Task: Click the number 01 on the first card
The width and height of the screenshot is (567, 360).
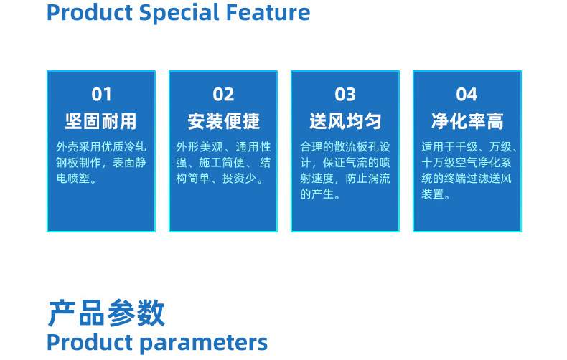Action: pos(101,94)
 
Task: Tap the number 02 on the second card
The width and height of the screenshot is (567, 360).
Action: pos(223,94)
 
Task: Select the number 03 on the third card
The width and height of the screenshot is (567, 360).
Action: pos(345,94)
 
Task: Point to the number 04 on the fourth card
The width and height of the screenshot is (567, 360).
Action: pos(467,94)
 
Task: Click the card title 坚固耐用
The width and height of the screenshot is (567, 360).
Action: pos(101,121)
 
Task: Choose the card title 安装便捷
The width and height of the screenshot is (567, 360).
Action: pos(223,121)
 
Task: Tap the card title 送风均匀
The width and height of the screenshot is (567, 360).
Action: pos(345,121)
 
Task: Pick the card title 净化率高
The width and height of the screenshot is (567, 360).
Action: pos(467,121)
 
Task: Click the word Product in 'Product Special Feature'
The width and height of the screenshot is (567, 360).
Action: pos(89,12)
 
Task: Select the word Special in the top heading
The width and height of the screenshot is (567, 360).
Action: pos(184,12)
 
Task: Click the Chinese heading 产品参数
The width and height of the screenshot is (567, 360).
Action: pos(106,313)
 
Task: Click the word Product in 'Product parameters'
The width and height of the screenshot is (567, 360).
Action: pos(89,342)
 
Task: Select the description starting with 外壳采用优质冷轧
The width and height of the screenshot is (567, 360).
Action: pos(101,163)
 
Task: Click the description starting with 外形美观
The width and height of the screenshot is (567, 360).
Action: pos(223,163)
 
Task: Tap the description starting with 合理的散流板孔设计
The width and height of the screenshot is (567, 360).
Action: pos(345,171)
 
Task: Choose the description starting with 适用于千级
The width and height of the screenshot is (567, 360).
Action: pos(467,171)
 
